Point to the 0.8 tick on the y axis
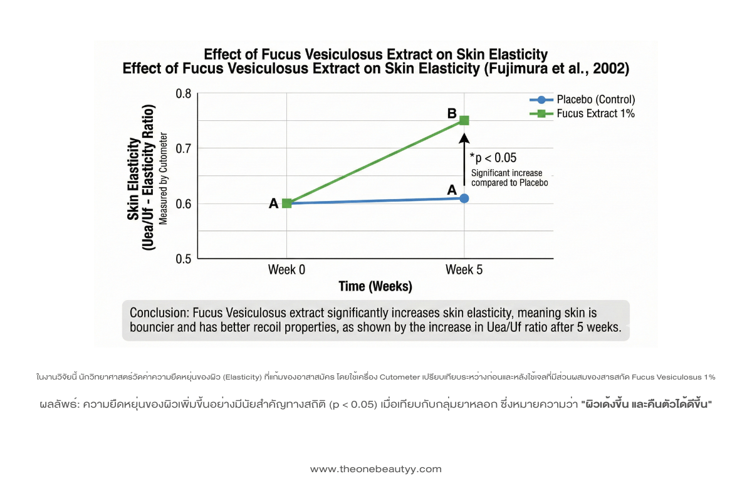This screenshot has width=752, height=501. click(183, 94)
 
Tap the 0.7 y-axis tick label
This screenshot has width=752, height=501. click(183, 148)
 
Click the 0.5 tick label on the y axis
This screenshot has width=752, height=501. click(183, 258)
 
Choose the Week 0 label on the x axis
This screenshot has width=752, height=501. click(287, 270)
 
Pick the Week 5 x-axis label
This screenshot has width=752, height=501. click(464, 270)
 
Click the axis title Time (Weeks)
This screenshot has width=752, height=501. click(375, 287)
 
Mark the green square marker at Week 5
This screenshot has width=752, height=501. click(464, 120)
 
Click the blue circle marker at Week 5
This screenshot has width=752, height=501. click(464, 198)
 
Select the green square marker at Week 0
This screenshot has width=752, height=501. click(287, 203)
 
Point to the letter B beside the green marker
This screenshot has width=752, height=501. click(451, 114)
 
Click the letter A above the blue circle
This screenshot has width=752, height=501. click(451, 189)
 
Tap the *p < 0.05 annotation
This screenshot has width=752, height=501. click(493, 158)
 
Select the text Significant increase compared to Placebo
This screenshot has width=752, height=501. click(509, 178)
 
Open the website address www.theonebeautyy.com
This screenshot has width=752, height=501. click(376, 469)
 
